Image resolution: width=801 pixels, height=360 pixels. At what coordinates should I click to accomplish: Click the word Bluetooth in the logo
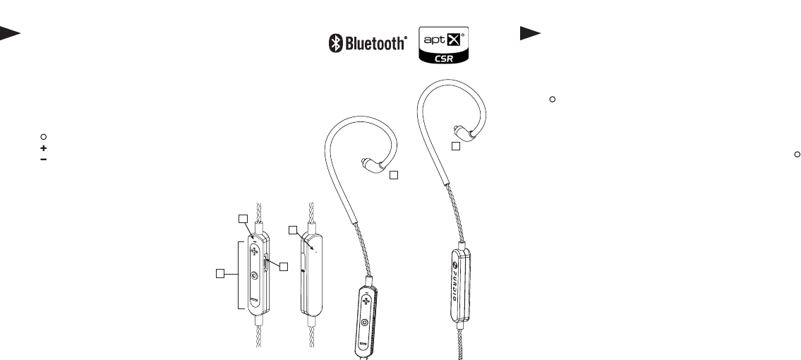tap(375, 44)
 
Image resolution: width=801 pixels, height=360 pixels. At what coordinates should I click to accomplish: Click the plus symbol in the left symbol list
tap(43, 148)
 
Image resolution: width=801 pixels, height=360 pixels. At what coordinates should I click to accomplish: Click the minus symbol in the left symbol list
tap(43, 160)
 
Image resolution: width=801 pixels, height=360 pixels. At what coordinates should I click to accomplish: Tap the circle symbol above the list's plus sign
tap(43, 137)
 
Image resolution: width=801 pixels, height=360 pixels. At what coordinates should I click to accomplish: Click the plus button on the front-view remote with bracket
tap(255, 251)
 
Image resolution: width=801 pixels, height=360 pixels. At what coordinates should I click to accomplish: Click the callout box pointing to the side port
tap(283, 266)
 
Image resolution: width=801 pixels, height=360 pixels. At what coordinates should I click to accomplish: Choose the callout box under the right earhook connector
tap(457, 146)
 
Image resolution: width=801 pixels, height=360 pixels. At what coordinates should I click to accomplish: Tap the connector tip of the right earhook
tap(459, 131)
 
